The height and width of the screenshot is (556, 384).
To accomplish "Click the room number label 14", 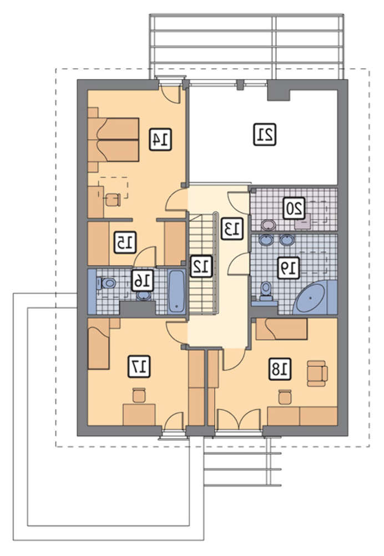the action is tap(161, 140).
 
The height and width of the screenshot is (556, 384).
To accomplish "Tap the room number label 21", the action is tap(265, 135).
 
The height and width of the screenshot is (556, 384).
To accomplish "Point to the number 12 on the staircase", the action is tap(201, 266).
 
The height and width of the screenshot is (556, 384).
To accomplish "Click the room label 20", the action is tap(294, 208).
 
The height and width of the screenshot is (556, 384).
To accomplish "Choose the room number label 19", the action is tap(288, 267).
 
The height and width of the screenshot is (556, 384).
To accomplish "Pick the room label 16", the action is tap(142, 281).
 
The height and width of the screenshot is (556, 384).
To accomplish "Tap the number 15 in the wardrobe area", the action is tap(125, 242).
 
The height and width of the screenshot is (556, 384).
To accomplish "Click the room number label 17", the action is tap(139, 366).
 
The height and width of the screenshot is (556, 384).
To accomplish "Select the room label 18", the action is tap(280, 369).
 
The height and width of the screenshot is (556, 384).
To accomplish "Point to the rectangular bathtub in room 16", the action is tap(176, 291).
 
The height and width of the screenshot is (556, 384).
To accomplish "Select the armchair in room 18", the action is tap(317, 374).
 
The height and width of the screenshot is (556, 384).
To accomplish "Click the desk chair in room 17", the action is tap(139, 395).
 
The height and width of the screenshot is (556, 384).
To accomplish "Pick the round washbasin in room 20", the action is tap(269, 225).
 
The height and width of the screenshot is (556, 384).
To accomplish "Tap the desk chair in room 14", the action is tap(113, 199).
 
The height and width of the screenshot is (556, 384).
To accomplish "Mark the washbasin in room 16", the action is tap(144, 296).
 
